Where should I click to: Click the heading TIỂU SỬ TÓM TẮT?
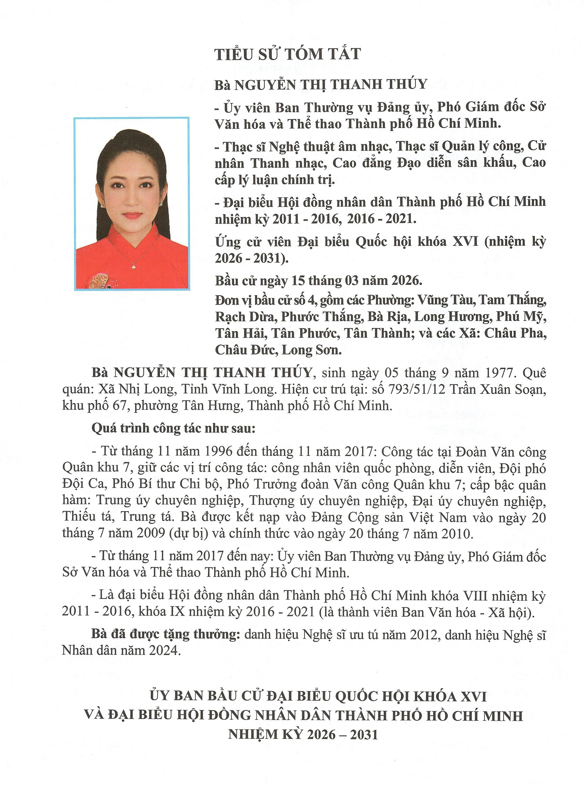[x=288, y=54]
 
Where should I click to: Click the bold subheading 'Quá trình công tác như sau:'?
[x=173, y=428]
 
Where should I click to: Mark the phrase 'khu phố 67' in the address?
[x=94, y=406]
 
